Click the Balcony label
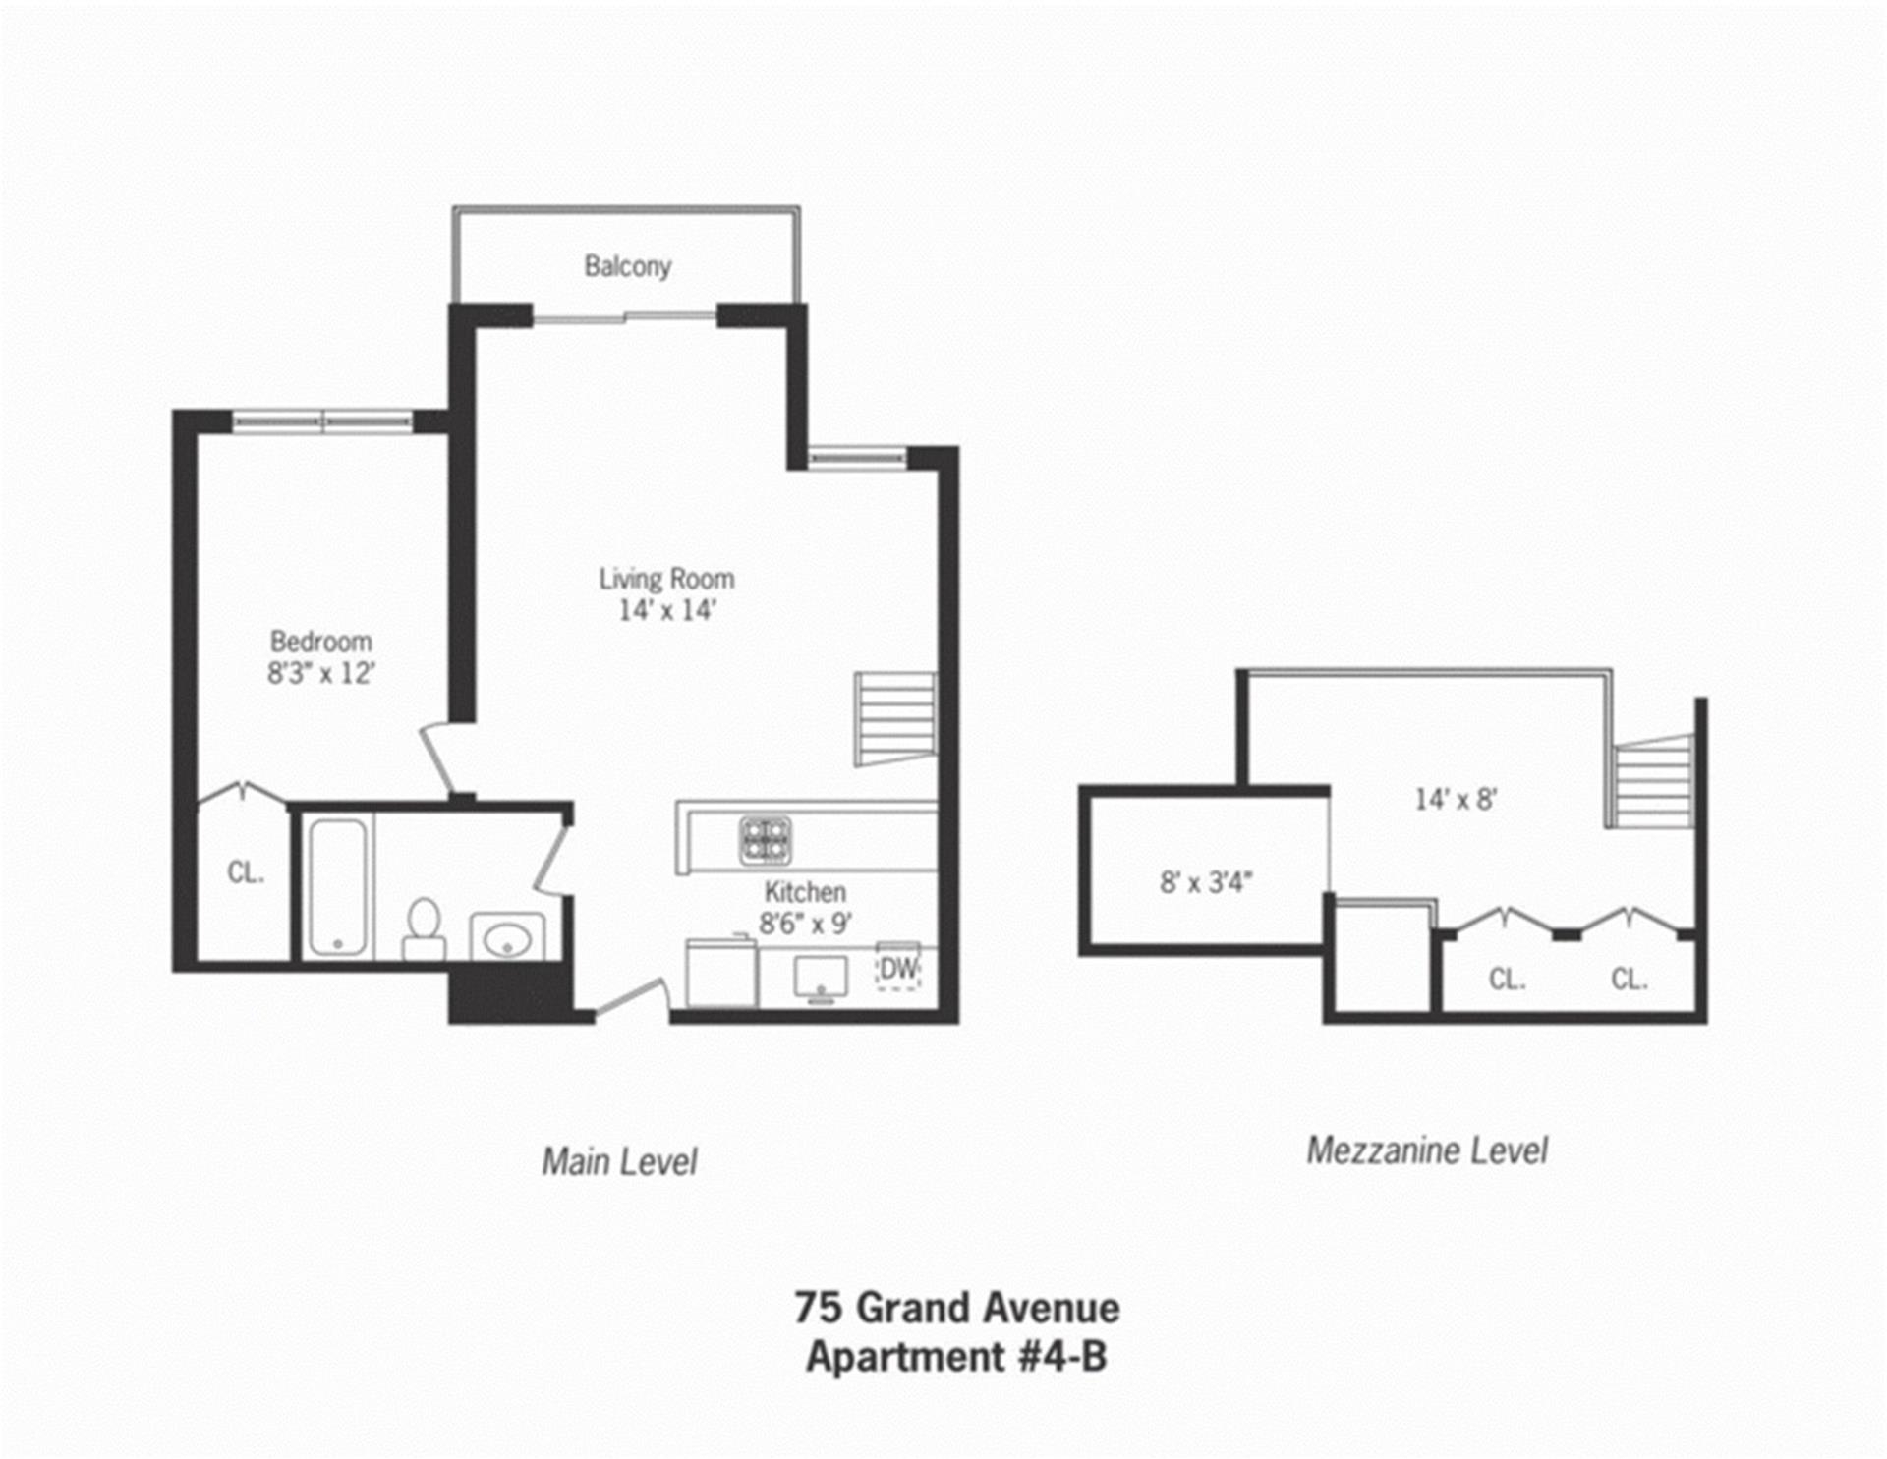(x=627, y=266)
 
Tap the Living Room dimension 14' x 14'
(x=666, y=610)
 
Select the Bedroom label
(x=320, y=642)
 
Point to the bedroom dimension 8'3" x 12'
(x=320, y=673)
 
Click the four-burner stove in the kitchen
(x=766, y=841)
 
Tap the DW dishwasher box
(x=897, y=969)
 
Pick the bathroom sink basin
(x=507, y=940)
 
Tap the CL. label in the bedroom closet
(x=245, y=872)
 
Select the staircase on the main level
(x=893, y=718)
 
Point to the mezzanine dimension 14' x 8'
(x=1455, y=800)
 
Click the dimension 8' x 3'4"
(x=1205, y=882)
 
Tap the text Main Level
(x=619, y=1162)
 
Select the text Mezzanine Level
(x=1426, y=1150)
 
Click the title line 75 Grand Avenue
(x=956, y=1309)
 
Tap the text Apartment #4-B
(x=956, y=1357)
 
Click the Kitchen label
(x=805, y=892)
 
